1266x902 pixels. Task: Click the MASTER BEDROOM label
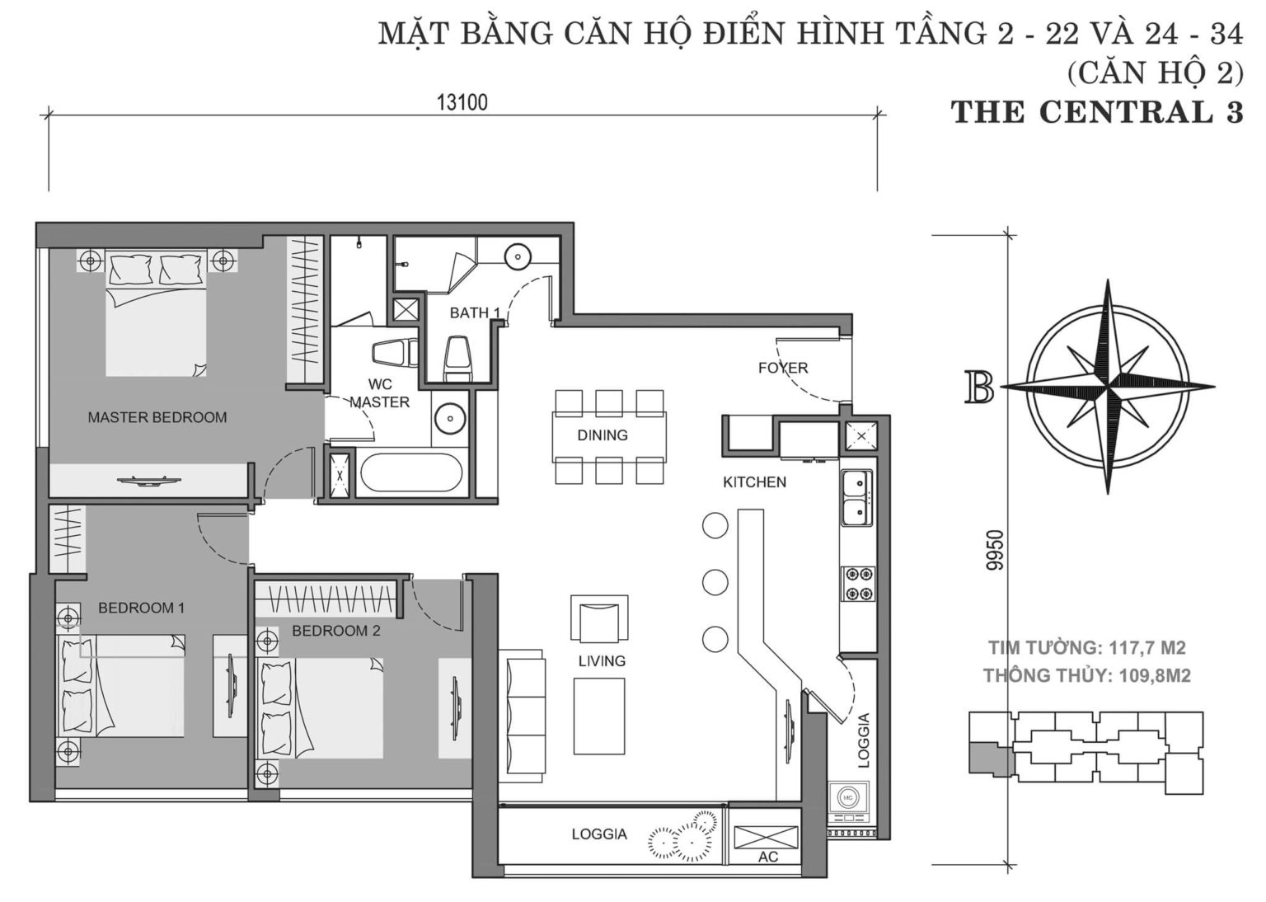[x=157, y=417]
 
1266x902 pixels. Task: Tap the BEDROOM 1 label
[x=141, y=608]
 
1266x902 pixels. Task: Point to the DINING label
[x=602, y=435]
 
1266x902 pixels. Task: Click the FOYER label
[x=782, y=368]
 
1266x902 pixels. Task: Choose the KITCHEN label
[x=754, y=482]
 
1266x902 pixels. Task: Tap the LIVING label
[x=601, y=660]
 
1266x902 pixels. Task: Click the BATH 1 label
[x=475, y=313]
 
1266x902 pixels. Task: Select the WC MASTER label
[x=379, y=393]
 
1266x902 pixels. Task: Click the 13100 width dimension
[x=462, y=102]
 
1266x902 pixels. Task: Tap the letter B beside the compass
[x=979, y=388]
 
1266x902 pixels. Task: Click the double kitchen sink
[x=857, y=497]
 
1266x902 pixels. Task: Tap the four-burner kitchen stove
[x=857, y=584]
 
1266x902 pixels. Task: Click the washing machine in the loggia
[x=849, y=800]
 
